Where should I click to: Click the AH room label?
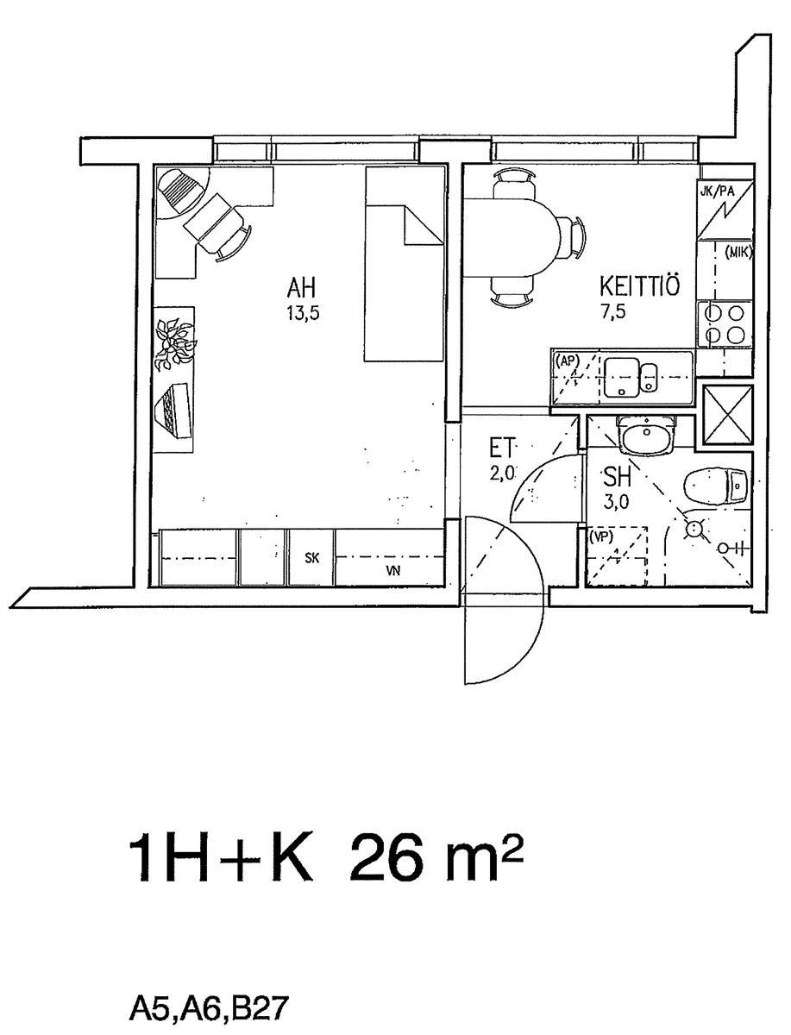pyautogui.click(x=301, y=287)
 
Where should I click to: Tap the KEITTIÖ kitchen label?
pyautogui.click(x=640, y=286)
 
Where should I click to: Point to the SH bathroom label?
pyautogui.click(x=618, y=477)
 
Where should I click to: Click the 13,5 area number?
pyautogui.click(x=303, y=314)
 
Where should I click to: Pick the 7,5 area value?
pyautogui.click(x=613, y=312)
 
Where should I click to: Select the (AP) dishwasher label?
pyautogui.click(x=567, y=361)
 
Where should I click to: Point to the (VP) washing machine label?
pyautogui.click(x=600, y=537)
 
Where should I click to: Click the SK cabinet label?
pyautogui.click(x=312, y=558)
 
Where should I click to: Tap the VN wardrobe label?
pyautogui.click(x=393, y=571)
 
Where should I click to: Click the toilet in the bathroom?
pyautogui.click(x=716, y=486)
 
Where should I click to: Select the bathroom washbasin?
pyautogui.click(x=647, y=435)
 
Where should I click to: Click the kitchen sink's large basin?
pyautogui.click(x=621, y=378)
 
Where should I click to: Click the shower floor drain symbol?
pyautogui.click(x=694, y=529)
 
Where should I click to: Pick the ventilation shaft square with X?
pyautogui.click(x=728, y=415)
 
